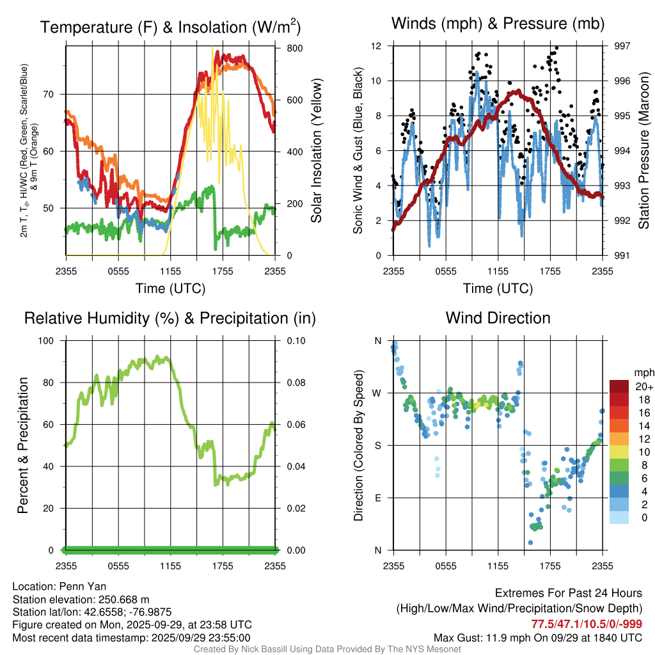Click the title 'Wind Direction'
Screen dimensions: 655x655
(498, 318)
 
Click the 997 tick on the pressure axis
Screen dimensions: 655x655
(622, 46)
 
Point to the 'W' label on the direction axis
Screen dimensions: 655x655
(377, 393)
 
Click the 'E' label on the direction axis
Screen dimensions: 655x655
(377, 498)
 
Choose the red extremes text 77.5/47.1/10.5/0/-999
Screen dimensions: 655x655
(587, 624)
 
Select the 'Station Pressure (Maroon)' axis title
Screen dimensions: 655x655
(643, 151)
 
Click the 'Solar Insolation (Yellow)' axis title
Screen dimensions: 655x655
(316, 151)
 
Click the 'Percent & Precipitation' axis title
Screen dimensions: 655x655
(22, 445)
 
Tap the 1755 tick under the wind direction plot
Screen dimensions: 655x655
(550, 566)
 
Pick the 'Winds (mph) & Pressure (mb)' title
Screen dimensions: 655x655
(498, 24)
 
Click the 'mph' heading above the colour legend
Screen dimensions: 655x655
(643, 372)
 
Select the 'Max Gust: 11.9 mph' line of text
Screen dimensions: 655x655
(537, 637)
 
